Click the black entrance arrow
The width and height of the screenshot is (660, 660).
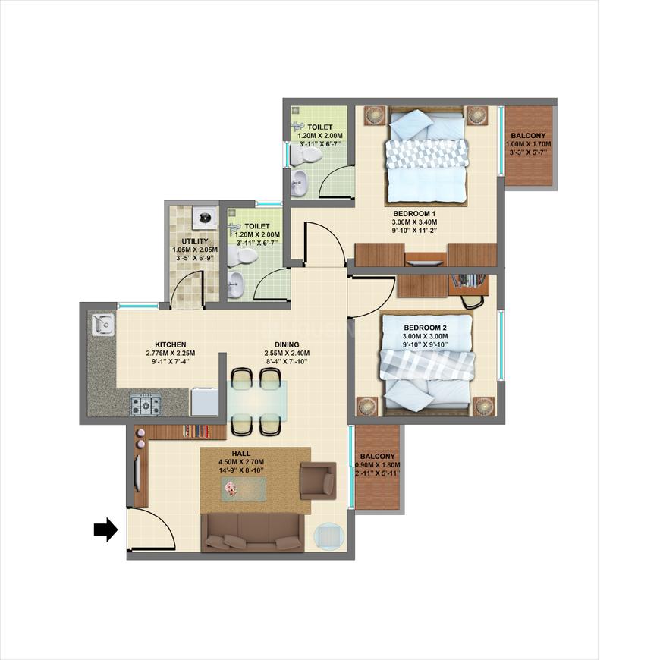pyautogui.click(x=105, y=529)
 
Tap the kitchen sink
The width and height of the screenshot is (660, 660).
pyautogui.click(x=102, y=325)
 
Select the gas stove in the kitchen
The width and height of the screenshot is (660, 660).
pyautogui.click(x=145, y=404)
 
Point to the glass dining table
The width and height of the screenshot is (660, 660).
pyautogui.click(x=258, y=401)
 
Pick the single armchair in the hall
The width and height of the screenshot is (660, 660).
pyautogui.click(x=317, y=480)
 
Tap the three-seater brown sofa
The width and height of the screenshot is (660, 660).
pyautogui.click(x=253, y=532)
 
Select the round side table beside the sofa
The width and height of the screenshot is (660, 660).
pyautogui.click(x=328, y=536)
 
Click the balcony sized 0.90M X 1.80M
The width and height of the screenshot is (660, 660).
pyautogui.click(x=377, y=465)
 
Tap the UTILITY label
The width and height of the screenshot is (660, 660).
pyautogui.click(x=194, y=241)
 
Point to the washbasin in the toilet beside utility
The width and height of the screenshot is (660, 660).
pyautogui.click(x=235, y=287)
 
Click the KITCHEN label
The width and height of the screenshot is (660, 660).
pyautogui.click(x=171, y=344)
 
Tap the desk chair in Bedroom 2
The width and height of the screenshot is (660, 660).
pyautogui.click(x=473, y=300)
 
